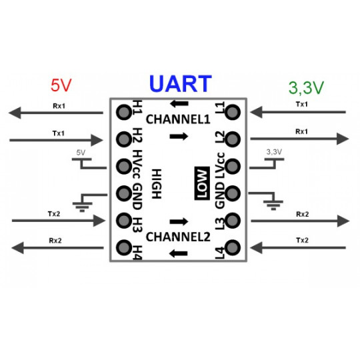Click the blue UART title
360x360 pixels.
[180, 83]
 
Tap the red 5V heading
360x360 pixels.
[61, 86]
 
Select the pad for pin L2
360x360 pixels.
[233, 139]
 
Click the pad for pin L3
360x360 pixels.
[233, 221]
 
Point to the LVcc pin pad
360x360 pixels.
[233, 166]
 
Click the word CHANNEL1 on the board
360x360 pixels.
[178, 120]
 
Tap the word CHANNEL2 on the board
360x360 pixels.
[178, 237]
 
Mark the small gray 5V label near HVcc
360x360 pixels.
[81, 153]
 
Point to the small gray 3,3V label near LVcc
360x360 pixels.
[275, 153]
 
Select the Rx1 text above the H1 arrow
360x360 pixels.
[59, 106]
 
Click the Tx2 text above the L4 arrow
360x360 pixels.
[301, 240]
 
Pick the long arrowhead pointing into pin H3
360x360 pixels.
[99, 221]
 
